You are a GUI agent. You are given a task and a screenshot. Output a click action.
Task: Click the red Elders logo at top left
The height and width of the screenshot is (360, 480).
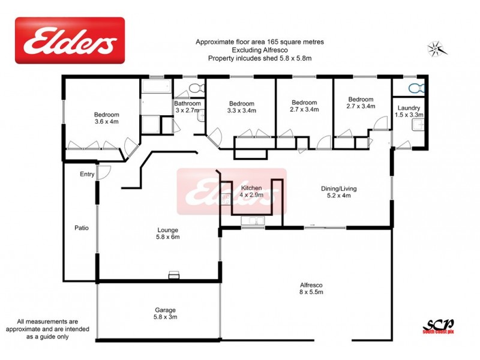pyautogui.click(x=70, y=40)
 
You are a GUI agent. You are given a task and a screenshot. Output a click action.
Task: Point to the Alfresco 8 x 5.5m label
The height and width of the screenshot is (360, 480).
pyautogui.click(x=311, y=289)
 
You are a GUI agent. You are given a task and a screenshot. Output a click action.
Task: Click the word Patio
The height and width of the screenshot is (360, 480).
pyautogui.click(x=81, y=228)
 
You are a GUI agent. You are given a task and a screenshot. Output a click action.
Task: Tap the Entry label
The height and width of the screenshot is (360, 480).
pyautogui.click(x=87, y=175)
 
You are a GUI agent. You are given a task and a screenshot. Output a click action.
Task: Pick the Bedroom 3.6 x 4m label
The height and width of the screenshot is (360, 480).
pyautogui.click(x=106, y=118)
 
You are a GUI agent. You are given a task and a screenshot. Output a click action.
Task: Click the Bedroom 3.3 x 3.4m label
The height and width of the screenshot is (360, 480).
pyautogui.click(x=241, y=107)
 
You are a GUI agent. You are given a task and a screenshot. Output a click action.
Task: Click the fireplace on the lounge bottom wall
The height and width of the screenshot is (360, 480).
pyautogui.click(x=173, y=275)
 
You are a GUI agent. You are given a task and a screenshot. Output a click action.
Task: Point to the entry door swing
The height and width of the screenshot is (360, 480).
pyautogui.click(x=104, y=172)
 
